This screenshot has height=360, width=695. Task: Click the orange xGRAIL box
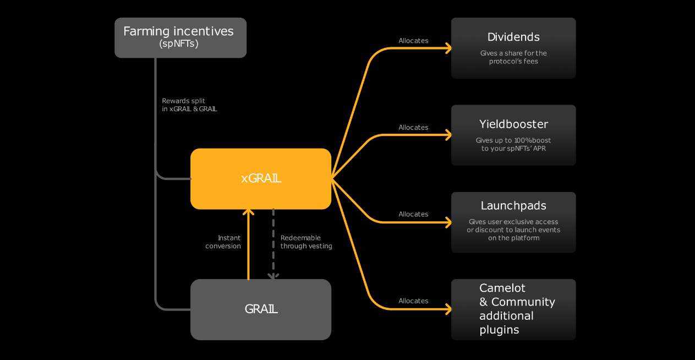[261, 178]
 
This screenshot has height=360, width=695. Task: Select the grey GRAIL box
[261, 309]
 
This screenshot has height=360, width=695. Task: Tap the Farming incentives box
[180, 37]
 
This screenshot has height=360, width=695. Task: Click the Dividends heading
[513, 37]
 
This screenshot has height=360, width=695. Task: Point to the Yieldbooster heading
[513, 124]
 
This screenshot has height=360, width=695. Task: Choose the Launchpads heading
[513, 205]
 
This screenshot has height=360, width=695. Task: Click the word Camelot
[502, 288]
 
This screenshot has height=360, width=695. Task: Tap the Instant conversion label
[223, 242]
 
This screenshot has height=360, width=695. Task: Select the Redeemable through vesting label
[306, 242]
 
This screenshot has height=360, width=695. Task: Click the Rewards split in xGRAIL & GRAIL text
[189, 105]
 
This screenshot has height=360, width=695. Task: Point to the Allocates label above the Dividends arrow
[413, 41]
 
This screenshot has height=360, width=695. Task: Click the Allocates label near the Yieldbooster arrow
[413, 127]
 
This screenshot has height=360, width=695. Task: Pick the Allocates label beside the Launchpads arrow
[413, 214]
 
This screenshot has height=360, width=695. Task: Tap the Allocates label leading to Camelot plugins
[413, 301]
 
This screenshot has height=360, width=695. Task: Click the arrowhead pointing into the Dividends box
[448, 48]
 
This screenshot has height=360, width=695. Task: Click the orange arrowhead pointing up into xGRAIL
[248, 212]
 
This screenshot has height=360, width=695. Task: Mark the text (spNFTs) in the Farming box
[178, 43]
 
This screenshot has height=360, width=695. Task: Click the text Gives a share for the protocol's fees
[513, 57]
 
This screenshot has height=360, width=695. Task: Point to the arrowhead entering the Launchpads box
[448, 222]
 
